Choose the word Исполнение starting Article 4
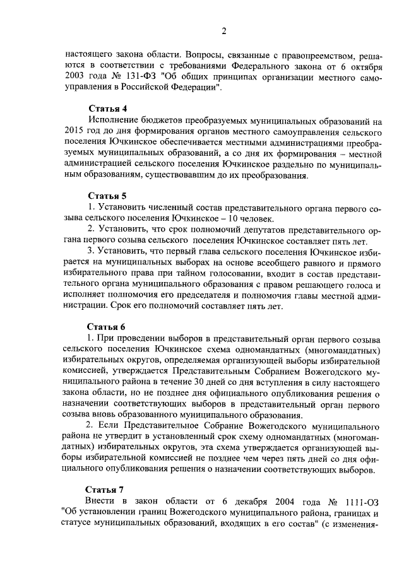pyautogui.click(x=116, y=121)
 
